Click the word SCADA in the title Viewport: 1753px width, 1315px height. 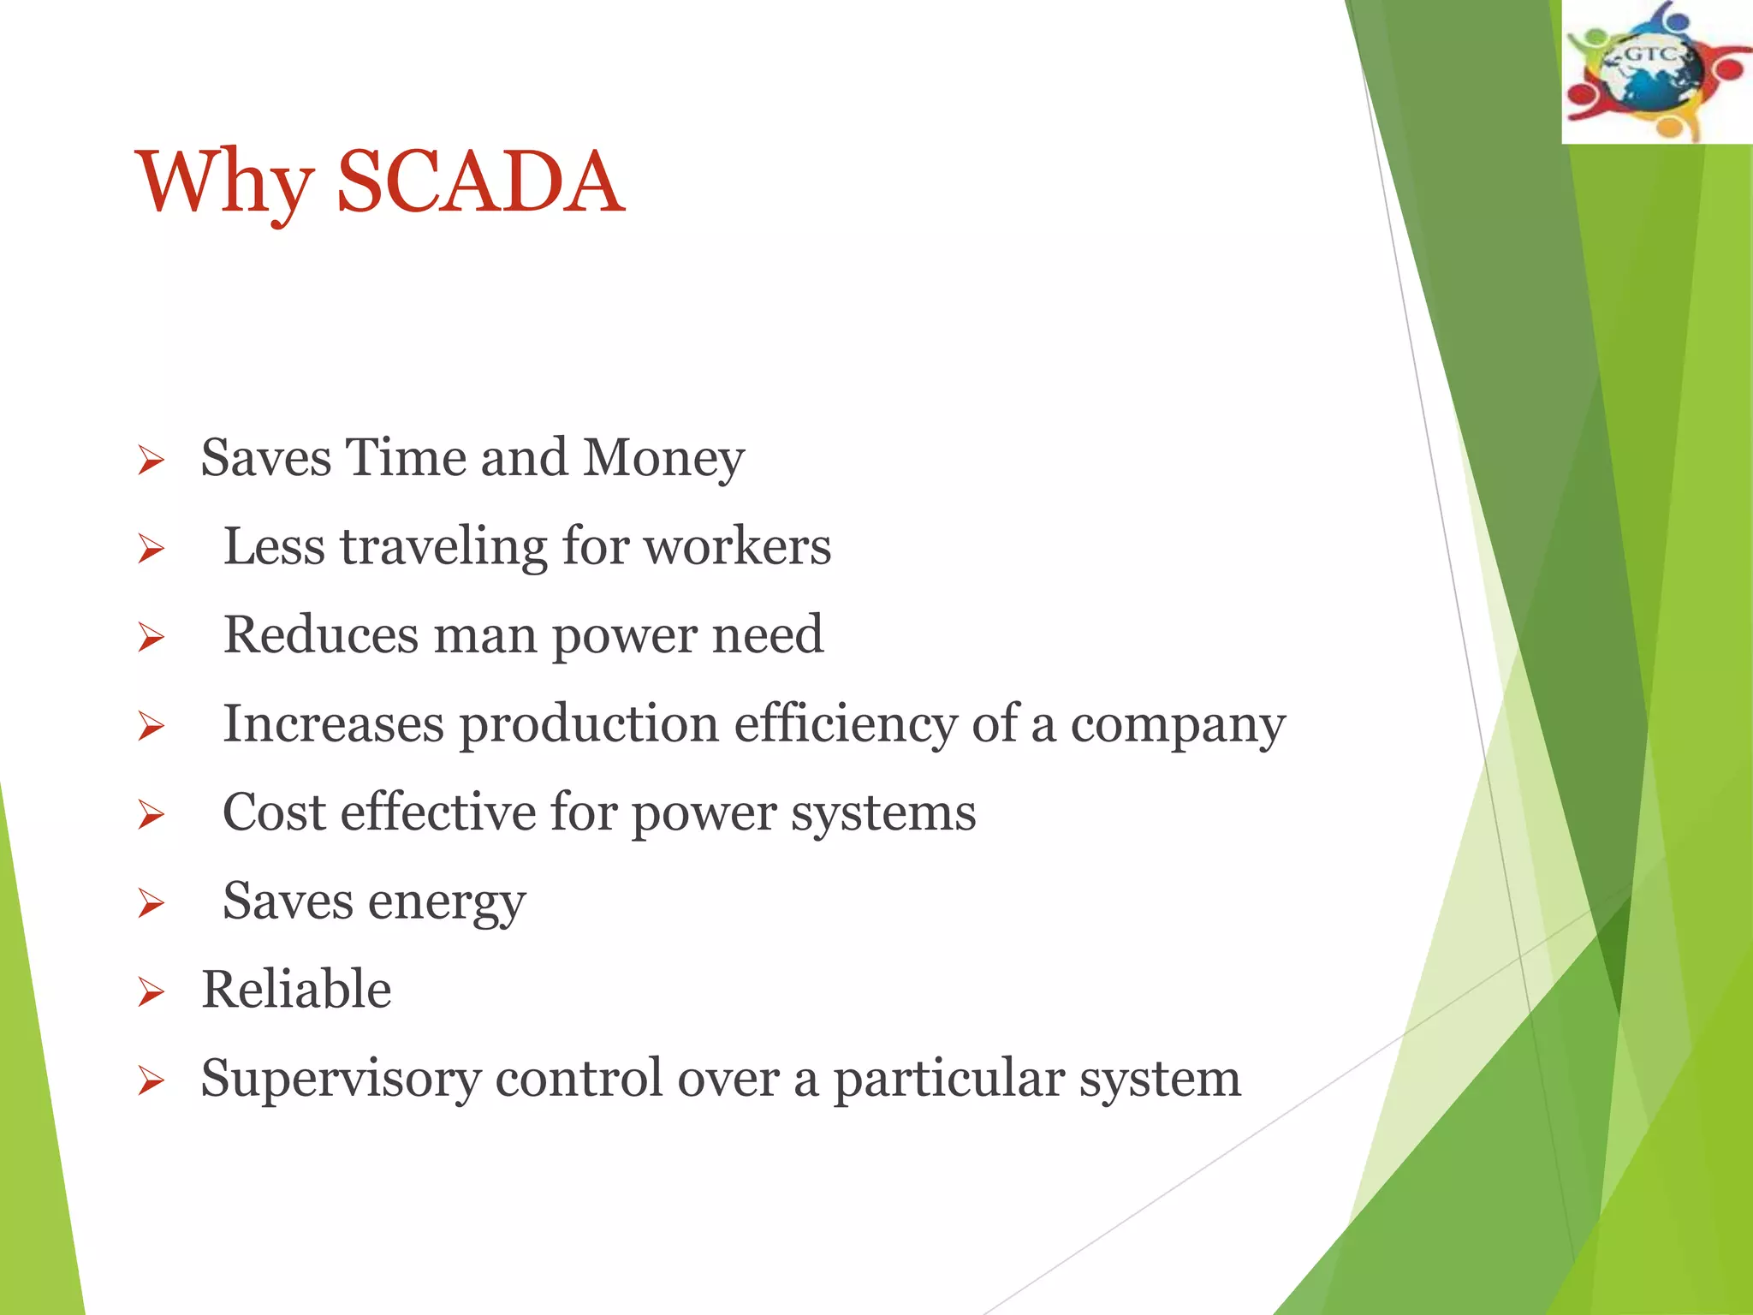coord(480,181)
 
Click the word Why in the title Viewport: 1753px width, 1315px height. coord(224,183)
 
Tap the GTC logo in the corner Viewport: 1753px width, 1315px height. coord(1656,72)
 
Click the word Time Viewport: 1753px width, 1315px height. coord(406,457)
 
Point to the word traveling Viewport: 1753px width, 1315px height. coord(443,548)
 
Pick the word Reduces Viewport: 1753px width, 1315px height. coord(320,635)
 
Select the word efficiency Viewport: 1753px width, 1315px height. coord(845,724)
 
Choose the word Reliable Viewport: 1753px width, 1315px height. coord(296,990)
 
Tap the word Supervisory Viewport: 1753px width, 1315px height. coord(341,1080)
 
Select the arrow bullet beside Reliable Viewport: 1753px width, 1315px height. coord(151,993)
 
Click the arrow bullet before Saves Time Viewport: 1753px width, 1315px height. coord(151,461)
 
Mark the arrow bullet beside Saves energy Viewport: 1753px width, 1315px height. coord(151,904)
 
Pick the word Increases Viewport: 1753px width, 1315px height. coord(333,724)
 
